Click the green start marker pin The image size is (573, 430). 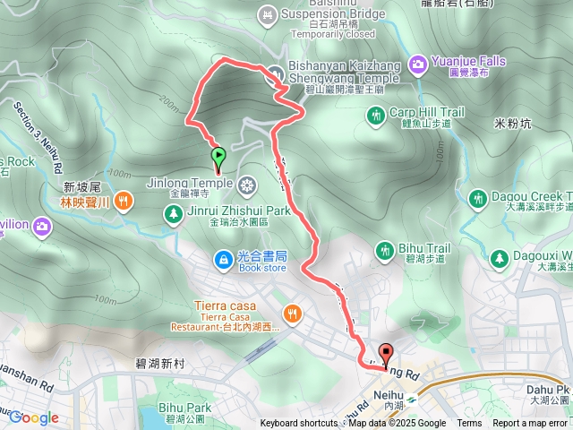pyautogui.click(x=218, y=159)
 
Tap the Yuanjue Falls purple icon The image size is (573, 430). pyautogui.click(x=417, y=64)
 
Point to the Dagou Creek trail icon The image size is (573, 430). pyautogui.click(x=477, y=196)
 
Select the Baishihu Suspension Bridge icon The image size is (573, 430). pyautogui.click(x=267, y=14)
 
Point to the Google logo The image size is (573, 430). pyautogui.click(x=33, y=417)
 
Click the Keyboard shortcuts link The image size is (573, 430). pyautogui.click(x=299, y=424)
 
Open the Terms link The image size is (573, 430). pyautogui.click(x=469, y=424)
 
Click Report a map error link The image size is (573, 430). pyautogui.click(x=531, y=424)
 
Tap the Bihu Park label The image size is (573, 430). pyautogui.click(x=185, y=408)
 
